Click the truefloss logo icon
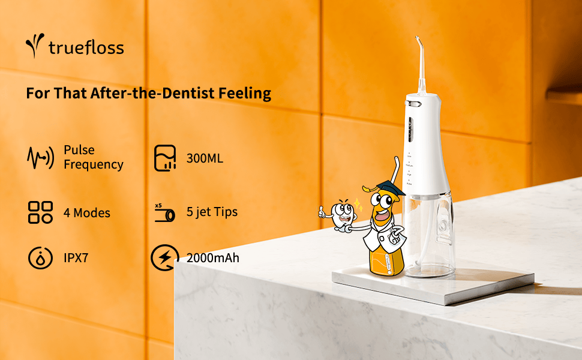pyautogui.click(x=35, y=45)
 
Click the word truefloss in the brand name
pyautogui.click(x=86, y=48)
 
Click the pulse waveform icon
pyautogui.click(x=40, y=157)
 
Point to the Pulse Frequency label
pyautogui.click(x=93, y=157)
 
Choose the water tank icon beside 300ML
pyautogui.click(x=165, y=158)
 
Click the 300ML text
pyautogui.click(x=205, y=158)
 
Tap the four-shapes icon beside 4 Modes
pyautogui.click(x=40, y=212)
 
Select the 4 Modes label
pyautogui.click(x=87, y=212)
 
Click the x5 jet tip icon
pyautogui.click(x=164, y=212)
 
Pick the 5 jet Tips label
pyautogui.click(x=212, y=212)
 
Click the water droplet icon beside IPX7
pyautogui.click(x=40, y=257)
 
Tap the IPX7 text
pyautogui.click(x=76, y=258)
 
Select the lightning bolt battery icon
pyautogui.click(x=165, y=257)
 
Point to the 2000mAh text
pyautogui.click(x=212, y=258)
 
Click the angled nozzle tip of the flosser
pyautogui.click(x=419, y=42)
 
